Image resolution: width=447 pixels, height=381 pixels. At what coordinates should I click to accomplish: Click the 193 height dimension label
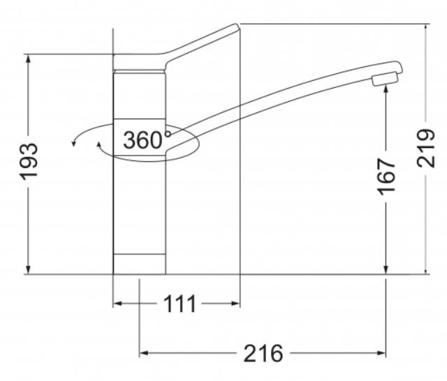click(x=29, y=162)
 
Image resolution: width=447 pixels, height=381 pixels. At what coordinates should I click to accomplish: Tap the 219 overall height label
click(x=425, y=149)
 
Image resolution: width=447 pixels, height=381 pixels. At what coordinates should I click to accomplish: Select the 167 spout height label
click(x=386, y=177)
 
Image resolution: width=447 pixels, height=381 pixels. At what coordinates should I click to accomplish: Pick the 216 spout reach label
click(x=263, y=353)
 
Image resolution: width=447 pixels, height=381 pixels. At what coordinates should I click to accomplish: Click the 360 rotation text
click(x=142, y=140)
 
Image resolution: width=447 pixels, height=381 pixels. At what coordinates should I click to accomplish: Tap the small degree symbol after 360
click(x=168, y=134)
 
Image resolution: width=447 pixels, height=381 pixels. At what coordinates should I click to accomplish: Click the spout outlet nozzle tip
click(x=384, y=79)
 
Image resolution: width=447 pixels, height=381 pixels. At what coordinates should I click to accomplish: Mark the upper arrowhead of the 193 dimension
click(x=29, y=59)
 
